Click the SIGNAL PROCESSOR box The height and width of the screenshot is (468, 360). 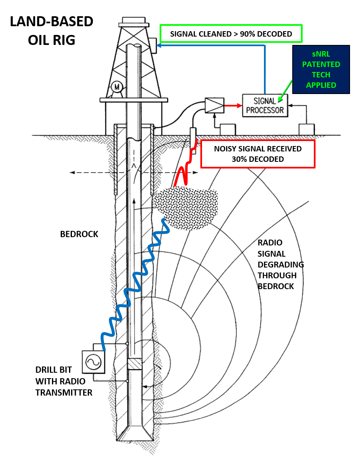[265, 106]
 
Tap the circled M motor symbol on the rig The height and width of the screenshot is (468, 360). [117, 87]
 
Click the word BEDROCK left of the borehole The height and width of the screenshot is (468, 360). [79, 234]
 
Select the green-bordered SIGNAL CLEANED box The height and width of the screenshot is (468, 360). [231, 34]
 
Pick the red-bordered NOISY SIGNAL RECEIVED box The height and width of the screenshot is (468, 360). [258, 154]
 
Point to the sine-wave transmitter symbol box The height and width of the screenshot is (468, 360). [93, 362]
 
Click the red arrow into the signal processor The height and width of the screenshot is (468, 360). [233, 106]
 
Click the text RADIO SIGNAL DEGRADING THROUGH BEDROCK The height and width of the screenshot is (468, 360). [281, 264]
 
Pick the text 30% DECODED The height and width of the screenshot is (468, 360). [258, 159]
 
